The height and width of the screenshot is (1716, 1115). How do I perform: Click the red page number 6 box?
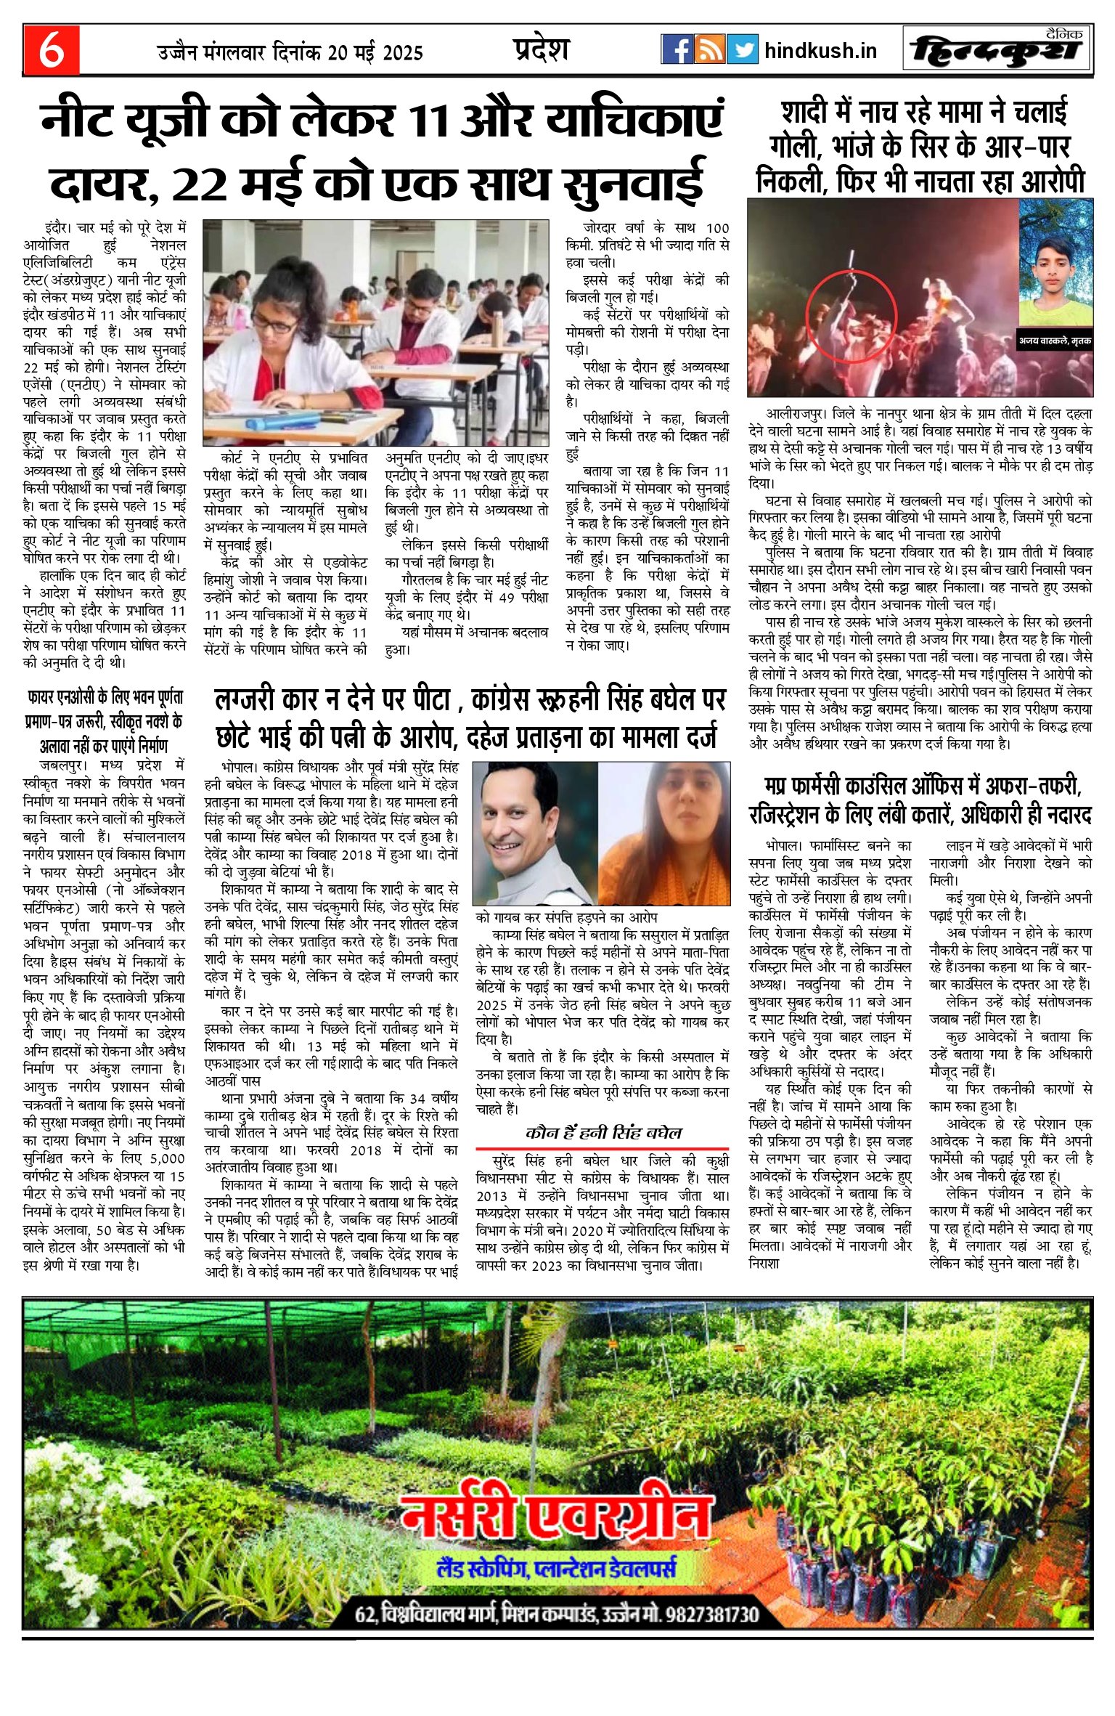click(51, 50)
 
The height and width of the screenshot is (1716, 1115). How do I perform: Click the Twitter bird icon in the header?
click(742, 50)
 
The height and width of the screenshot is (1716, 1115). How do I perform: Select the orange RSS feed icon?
click(709, 50)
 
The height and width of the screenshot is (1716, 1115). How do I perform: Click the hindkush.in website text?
click(820, 51)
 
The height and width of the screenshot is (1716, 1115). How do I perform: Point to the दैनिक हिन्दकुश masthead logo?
click(998, 50)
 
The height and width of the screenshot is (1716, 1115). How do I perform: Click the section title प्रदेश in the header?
click(541, 49)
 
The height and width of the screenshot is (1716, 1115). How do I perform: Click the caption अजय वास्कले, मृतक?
click(1055, 340)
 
